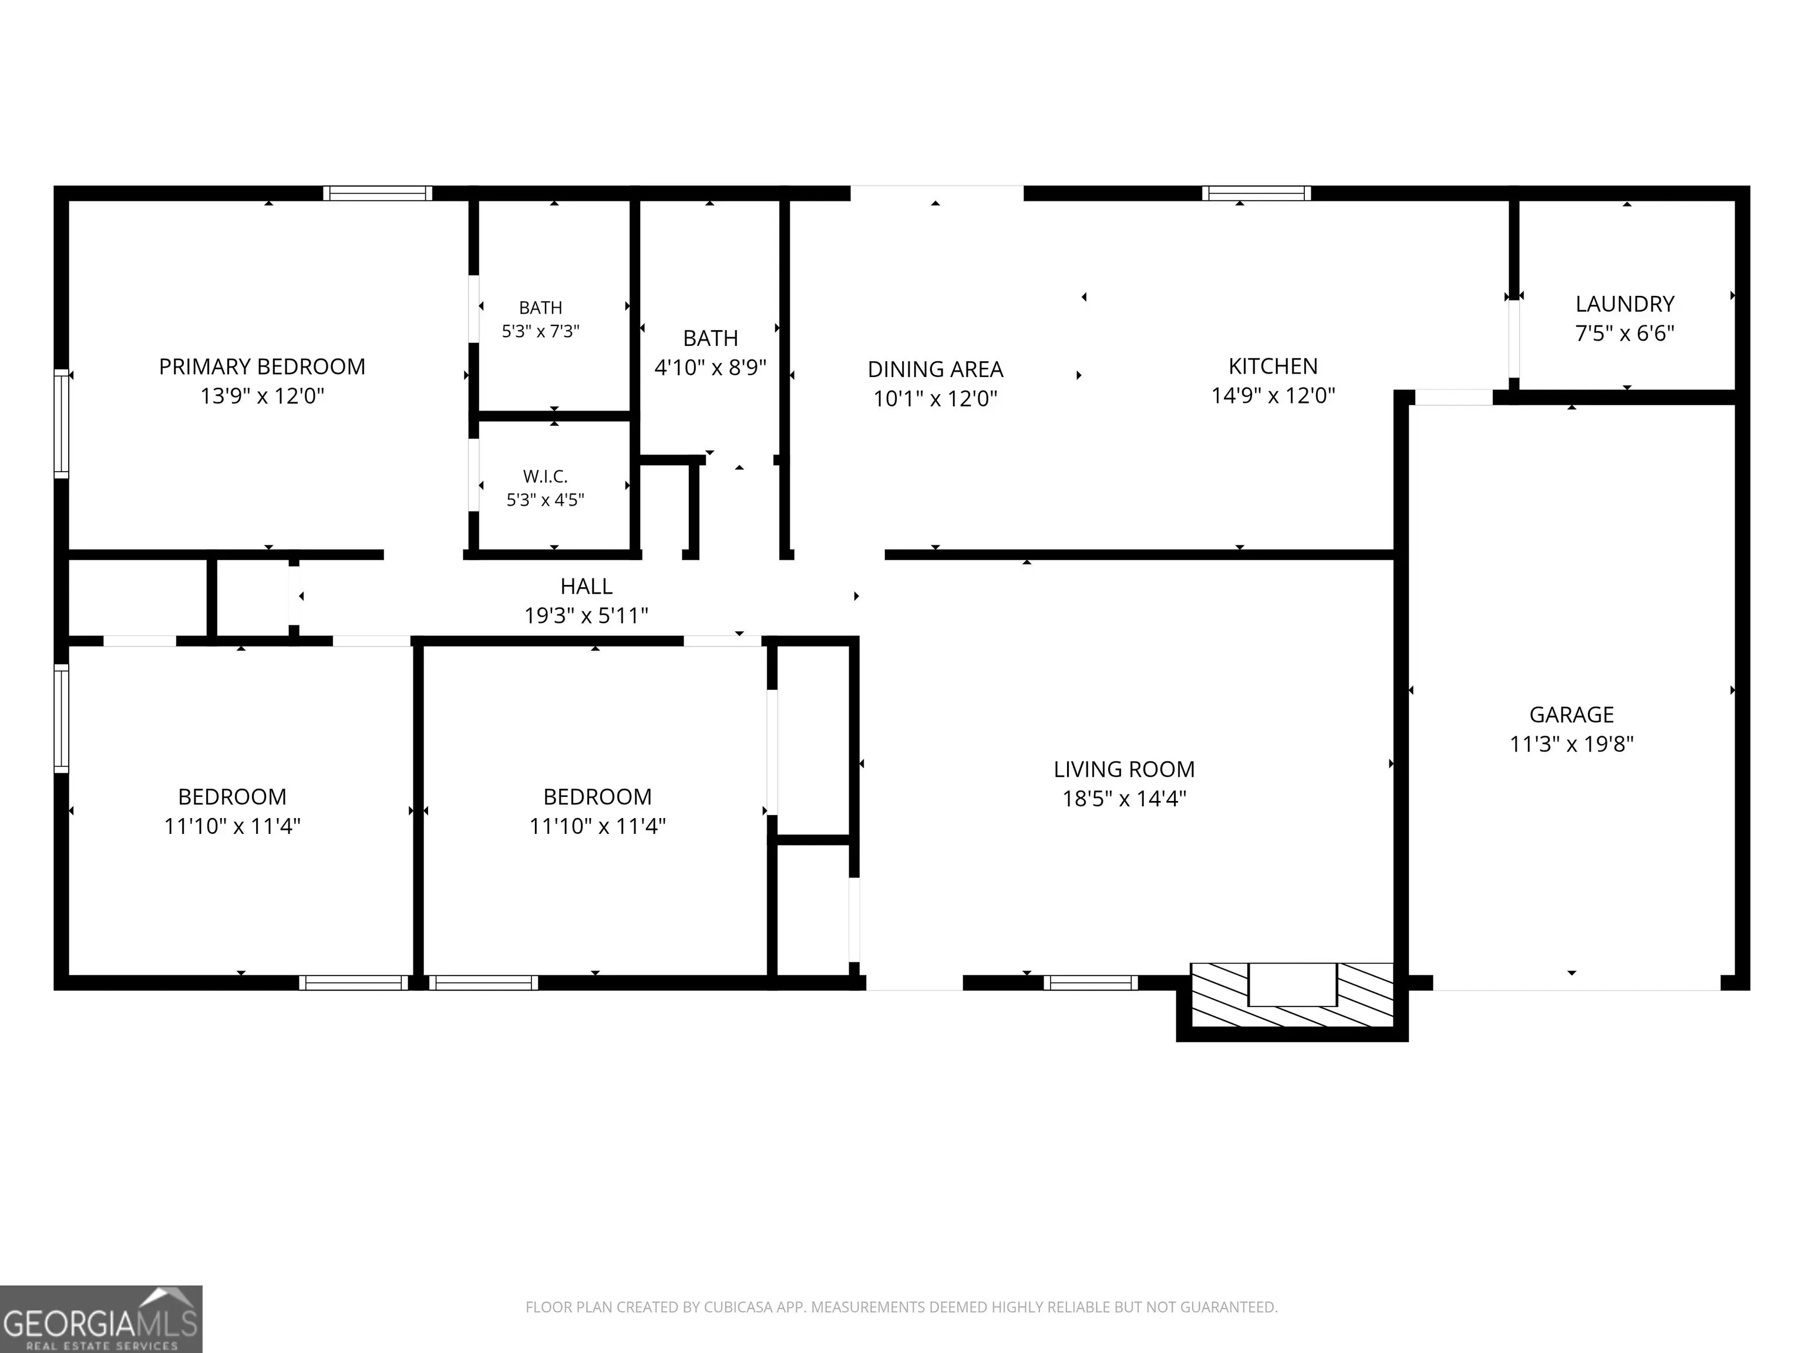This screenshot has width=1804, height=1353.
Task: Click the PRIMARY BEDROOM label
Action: (262, 367)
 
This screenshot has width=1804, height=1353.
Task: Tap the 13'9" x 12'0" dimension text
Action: (262, 396)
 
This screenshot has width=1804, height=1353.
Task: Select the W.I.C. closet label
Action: (545, 476)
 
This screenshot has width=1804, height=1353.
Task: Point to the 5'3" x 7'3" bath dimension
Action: (541, 331)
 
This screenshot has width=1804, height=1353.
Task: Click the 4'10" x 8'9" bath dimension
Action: (711, 368)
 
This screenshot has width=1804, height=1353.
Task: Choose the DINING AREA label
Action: (935, 369)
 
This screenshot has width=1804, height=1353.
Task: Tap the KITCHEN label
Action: (1273, 366)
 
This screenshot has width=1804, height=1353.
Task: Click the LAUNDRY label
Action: (1624, 304)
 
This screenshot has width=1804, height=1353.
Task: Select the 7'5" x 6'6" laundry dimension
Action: (1624, 334)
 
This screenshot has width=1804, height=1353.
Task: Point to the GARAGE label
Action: (1571, 715)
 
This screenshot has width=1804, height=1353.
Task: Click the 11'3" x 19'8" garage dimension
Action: (1571, 745)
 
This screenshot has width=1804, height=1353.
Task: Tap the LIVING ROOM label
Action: (1124, 770)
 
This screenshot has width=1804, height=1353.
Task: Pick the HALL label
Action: (587, 587)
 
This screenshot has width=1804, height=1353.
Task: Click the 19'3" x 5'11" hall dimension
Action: (587, 616)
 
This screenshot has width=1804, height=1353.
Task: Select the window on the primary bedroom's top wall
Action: (378, 193)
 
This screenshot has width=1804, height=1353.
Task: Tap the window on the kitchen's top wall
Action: (1256, 193)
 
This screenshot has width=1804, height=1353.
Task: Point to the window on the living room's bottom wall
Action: (1091, 982)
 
